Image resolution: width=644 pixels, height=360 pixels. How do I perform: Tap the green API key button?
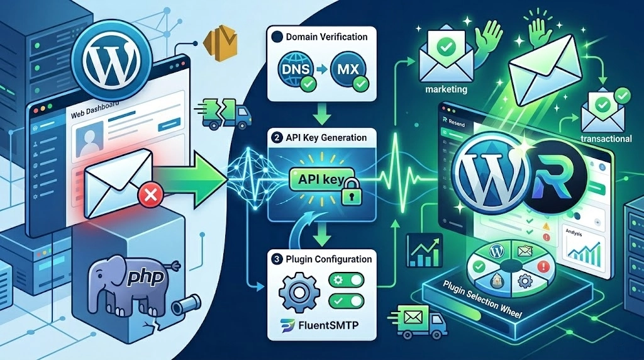(317, 179)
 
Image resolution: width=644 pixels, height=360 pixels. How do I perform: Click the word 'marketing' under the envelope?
(446, 89)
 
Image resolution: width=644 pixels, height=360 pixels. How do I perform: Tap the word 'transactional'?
(606, 138)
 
